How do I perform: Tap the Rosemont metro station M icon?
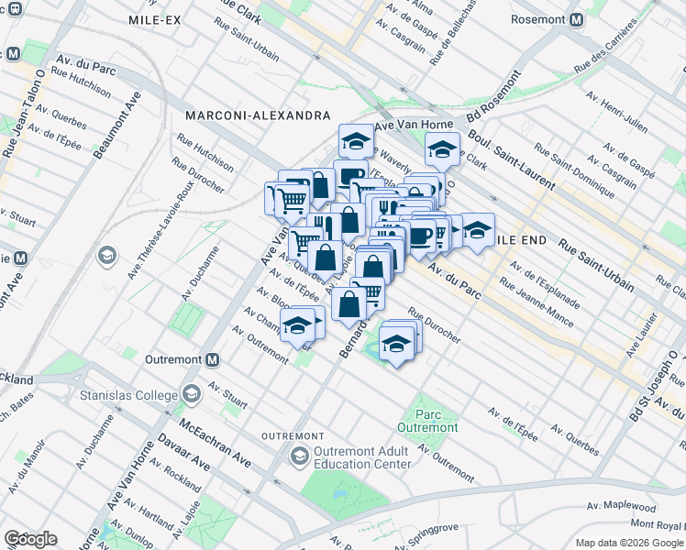[576, 20]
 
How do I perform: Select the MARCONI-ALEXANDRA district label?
[257, 115]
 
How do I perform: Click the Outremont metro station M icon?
[212, 360]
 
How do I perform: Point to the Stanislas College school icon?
[191, 394]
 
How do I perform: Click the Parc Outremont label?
[427, 421]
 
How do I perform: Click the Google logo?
[30, 539]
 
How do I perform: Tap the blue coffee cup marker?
[421, 236]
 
